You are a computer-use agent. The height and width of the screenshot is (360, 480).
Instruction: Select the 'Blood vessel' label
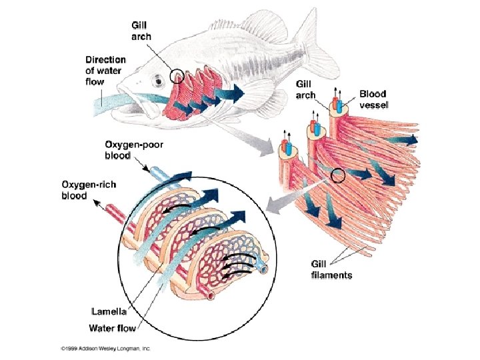(377, 101)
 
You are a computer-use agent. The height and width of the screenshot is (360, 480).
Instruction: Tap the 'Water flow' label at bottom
(114, 327)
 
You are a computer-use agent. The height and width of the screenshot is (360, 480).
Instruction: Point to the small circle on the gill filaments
(338, 176)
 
